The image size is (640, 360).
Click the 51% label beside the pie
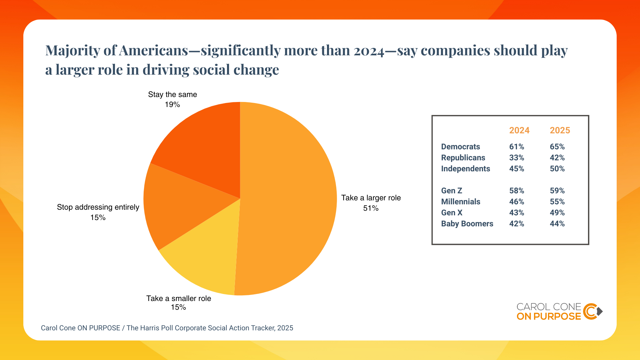pyautogui.click(x=371, y=208)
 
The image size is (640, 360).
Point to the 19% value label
pyautogui.click(x=172, y=105)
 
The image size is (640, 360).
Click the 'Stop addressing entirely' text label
pyautogui.click(x=98, y=207)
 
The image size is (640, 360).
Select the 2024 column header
pyautogui.click(x=519, y=130)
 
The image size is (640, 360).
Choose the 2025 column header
pyautogui.click(x=560, y=130)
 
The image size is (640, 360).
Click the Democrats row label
pyautogui.click(x=461, y=147)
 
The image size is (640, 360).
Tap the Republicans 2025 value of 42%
pyautogui.click(x=557, y=158)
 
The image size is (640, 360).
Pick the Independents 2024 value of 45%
pyautogui.click(x=517, y=169)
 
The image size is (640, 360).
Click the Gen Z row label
pyautogui.click(x=452, y=191)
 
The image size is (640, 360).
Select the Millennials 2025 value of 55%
pyautogui.click(x=557, y=202)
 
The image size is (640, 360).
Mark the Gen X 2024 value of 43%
pyautogui.click(x=517, y=213)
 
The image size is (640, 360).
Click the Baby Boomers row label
pyautogui.click(x=467, y=224)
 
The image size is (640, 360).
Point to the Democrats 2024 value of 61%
pyautogui.click(x=517, y=147)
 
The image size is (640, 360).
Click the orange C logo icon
pyautogui.click(x=591, y=311)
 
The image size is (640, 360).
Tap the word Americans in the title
pyautogui.click(x=154, y=51)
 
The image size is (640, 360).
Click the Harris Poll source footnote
pyautogui.click(x=167, y=328)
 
